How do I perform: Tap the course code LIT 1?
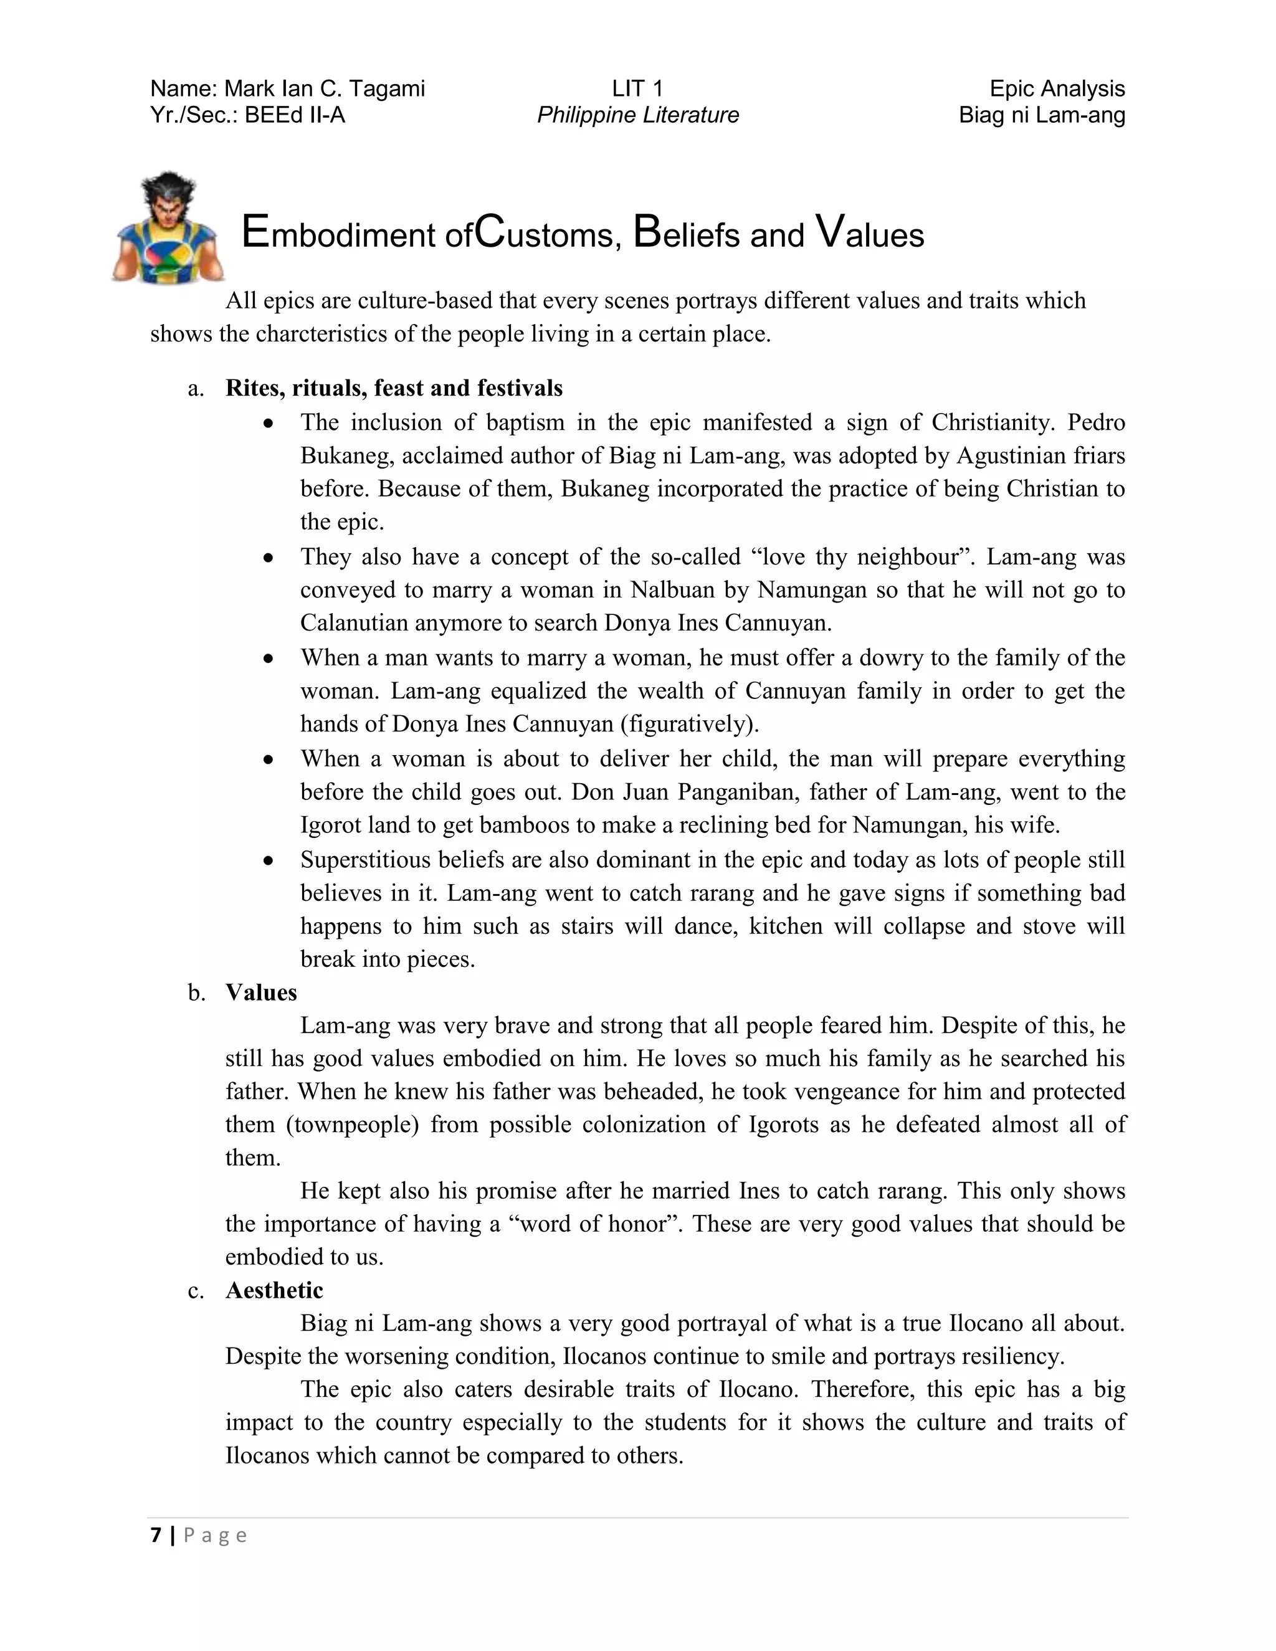[x=637, y=89]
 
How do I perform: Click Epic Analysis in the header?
[x=1057, y=89]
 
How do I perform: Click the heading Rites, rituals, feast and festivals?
[x=394, y=388]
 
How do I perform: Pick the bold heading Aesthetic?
[x=274, y=1290]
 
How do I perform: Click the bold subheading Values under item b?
[x=261, y=992]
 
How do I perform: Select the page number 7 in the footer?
[x=156, y=1535]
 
